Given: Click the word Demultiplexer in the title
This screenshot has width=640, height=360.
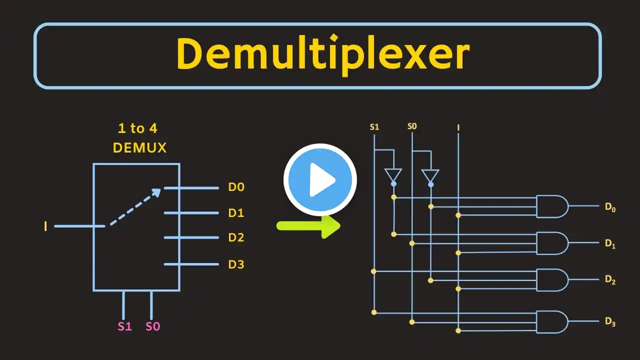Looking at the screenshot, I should pos(322,55).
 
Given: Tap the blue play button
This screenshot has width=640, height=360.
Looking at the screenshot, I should pos(320,180).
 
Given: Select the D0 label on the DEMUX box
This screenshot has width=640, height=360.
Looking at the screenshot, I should pos(236,187).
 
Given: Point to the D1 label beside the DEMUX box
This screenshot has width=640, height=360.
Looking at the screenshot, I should pos(236,213).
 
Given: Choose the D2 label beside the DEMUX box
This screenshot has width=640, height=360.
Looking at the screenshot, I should pos(236,237).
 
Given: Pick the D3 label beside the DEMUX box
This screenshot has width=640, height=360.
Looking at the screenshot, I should pos(236,264).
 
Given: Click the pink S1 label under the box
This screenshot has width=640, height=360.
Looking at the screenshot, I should pos(124,326).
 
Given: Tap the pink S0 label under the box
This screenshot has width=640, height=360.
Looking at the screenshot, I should pos(152,326).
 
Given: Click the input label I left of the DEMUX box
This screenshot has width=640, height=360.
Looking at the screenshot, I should pos(45,226).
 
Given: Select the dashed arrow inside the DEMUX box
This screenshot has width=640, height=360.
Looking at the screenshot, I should pos(135,207).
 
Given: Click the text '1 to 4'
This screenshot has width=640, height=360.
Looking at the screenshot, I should pos(137,128).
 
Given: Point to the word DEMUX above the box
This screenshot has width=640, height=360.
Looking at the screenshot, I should pos(139,147).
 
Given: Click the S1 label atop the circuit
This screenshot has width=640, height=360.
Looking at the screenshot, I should pos(374,127).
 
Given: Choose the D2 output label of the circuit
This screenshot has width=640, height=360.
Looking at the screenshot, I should pos(610,280).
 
